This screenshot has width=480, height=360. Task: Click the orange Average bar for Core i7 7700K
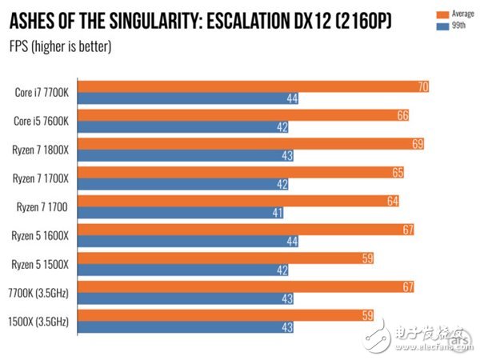point(256,86)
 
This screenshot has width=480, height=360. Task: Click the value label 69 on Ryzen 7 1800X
point(416,143)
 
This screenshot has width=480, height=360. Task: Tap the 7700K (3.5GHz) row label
point(38,293)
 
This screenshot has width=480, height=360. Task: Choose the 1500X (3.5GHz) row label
point(38,321)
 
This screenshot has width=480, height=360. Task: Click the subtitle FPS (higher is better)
point(60,46)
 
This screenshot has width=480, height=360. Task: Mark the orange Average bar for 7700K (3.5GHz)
point(248,287)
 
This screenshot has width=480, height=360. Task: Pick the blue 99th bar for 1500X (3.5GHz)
point(192,328)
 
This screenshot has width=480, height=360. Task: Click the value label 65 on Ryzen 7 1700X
point(397,172)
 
